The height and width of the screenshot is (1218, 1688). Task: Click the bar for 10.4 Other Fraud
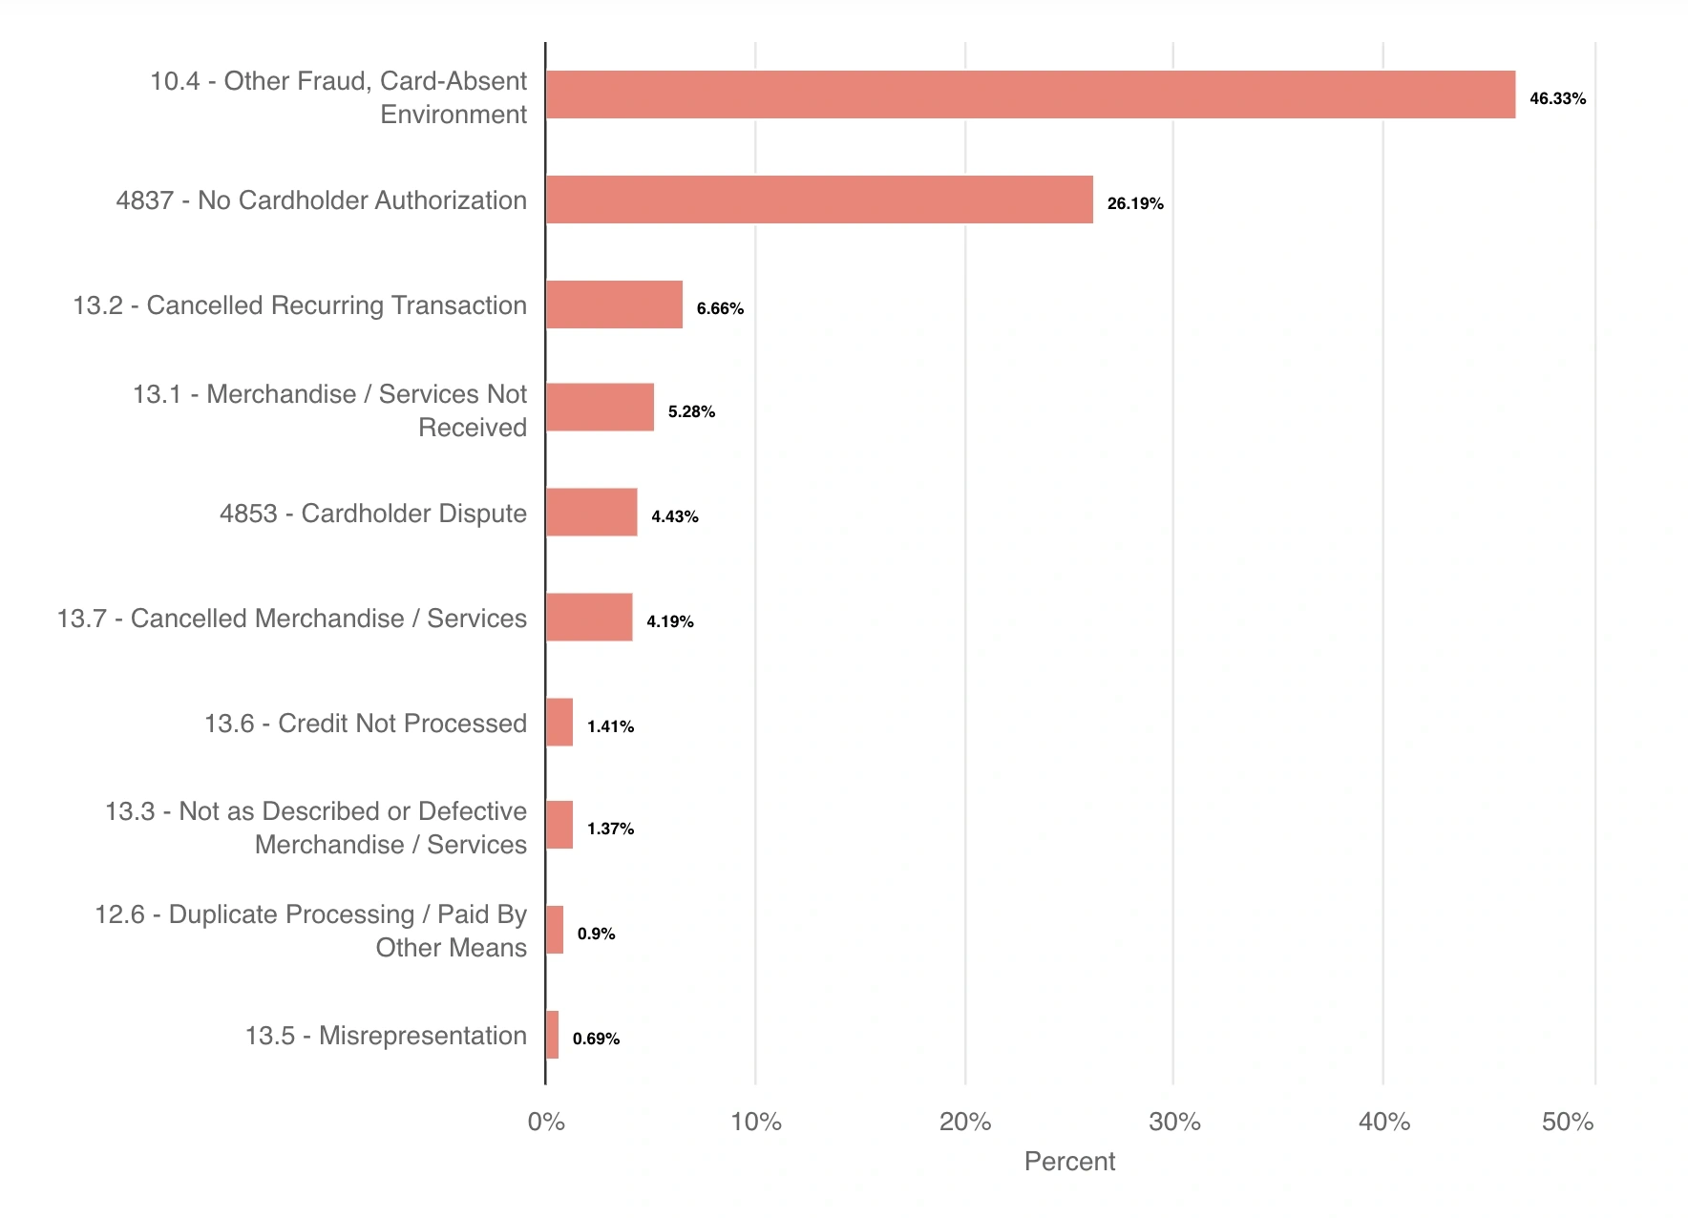[x=1030, y=94]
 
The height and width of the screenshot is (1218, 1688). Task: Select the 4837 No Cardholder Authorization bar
[x=819, y=199]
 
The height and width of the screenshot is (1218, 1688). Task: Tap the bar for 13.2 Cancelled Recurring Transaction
[x=614, y=304]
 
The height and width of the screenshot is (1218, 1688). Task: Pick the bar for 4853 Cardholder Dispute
[x=591, y=513]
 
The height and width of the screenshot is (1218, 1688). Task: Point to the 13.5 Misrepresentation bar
[x=552, y=1035]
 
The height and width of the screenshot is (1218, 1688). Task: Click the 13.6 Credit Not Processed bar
[x=559, y=723]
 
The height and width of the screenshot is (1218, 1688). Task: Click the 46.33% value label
[x=1557, y=98]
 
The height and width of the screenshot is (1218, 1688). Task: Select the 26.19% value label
[x=1135, y=203]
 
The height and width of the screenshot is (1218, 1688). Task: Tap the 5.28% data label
[x=691, y=411]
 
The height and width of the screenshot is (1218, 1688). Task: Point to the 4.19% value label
[x=669, y=621]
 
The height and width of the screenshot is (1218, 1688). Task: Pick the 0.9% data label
[x=596, y=934]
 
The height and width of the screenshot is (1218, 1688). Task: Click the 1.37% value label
[x=610, y=829]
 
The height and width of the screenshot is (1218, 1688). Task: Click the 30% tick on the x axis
[x=1174, y=1122]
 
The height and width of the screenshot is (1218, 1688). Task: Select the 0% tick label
[x=546, y=1122]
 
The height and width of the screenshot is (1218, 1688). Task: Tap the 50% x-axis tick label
[x=1568, y=1122]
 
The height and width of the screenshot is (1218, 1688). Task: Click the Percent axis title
[x=1069, y=1161]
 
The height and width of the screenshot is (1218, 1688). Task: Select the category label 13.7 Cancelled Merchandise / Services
[x=291, y=619]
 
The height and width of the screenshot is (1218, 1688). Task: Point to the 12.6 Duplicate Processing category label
[x=310, y=931]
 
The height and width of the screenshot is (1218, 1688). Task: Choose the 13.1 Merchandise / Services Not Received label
[x=329, y=410]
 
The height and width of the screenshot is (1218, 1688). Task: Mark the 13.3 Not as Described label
[x=316, y=828]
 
